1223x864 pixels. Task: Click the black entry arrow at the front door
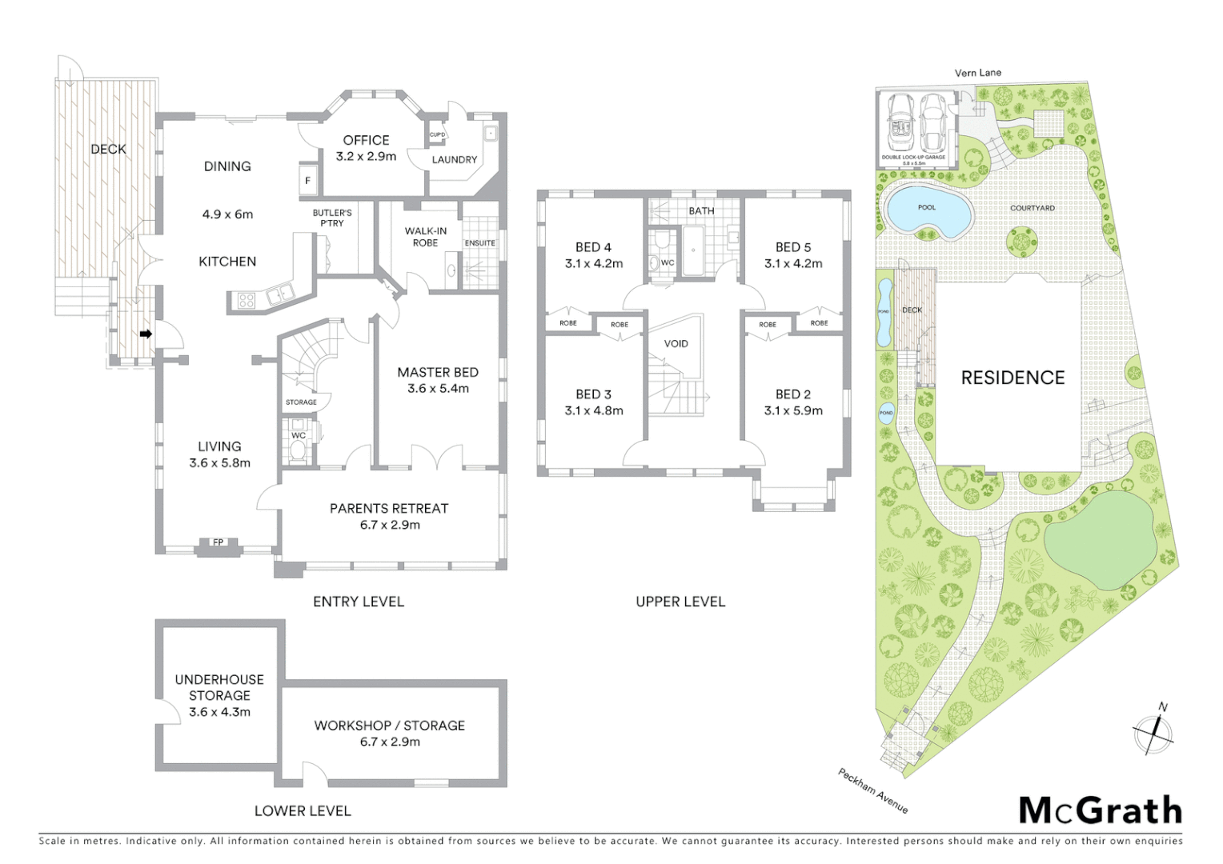coord(146,334)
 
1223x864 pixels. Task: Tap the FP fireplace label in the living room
coord(218,543)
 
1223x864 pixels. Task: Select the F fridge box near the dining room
coord(307,181)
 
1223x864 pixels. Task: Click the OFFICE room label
coord(366,140)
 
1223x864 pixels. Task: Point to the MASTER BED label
coord(438,372)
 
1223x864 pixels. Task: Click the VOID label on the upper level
coord(676,343)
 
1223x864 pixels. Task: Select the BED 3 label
coord(593,394)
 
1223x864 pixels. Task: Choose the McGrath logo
coord(1101,810)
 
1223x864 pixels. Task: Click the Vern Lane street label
coord(977,73)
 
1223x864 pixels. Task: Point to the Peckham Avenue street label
coord(873,790)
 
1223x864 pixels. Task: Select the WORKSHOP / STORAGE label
coord(389,726)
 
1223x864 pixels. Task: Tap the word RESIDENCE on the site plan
coord(1012,378)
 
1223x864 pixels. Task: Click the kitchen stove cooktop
coord(246,301)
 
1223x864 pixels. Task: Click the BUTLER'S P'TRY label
coord(332,218)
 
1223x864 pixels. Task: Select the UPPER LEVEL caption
coord(680,602)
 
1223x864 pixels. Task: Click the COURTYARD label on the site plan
coord(1033,208)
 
